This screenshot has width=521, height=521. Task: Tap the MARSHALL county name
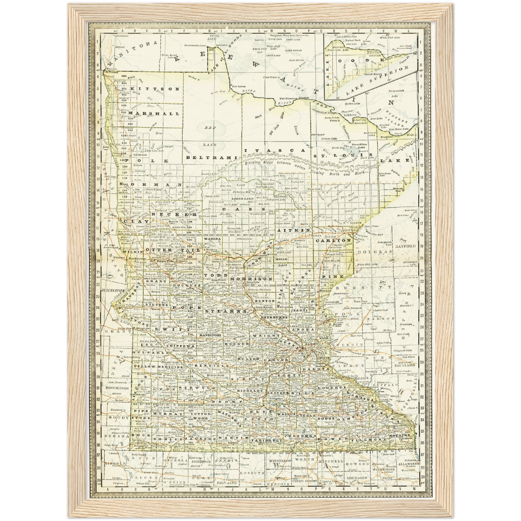point(154,113)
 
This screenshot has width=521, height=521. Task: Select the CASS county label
point(244,209)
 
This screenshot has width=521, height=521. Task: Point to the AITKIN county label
point(294,230)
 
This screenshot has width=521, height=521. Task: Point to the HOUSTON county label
point(399,435)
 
